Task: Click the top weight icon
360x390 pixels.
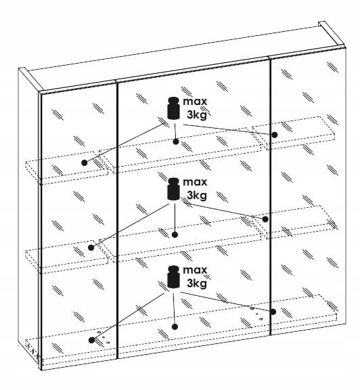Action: point(173,108)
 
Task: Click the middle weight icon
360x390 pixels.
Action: point(173,189)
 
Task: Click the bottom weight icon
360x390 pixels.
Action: point(173,277)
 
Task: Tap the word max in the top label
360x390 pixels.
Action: point(195,102)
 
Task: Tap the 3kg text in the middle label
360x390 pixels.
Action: point(197,196)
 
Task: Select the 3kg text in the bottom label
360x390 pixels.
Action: point(197,284)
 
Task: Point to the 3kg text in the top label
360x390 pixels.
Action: point(197,115)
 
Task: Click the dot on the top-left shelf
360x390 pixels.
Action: point(85,163)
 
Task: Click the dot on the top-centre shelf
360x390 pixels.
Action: point(176,142)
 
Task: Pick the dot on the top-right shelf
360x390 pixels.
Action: point(275,135)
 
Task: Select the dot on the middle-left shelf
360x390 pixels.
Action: point(91,248)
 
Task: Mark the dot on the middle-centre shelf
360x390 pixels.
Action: point(175,234)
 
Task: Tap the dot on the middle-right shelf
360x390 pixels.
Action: point(265,219)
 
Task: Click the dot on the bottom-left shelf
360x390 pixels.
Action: point(91,340)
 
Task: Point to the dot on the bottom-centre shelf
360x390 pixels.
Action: point(175,327)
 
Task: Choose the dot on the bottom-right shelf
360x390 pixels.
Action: point(273,311)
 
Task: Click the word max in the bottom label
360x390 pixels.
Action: point(195,270)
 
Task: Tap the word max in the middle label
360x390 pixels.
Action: point(195,182)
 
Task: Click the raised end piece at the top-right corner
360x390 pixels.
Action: point(332,35)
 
